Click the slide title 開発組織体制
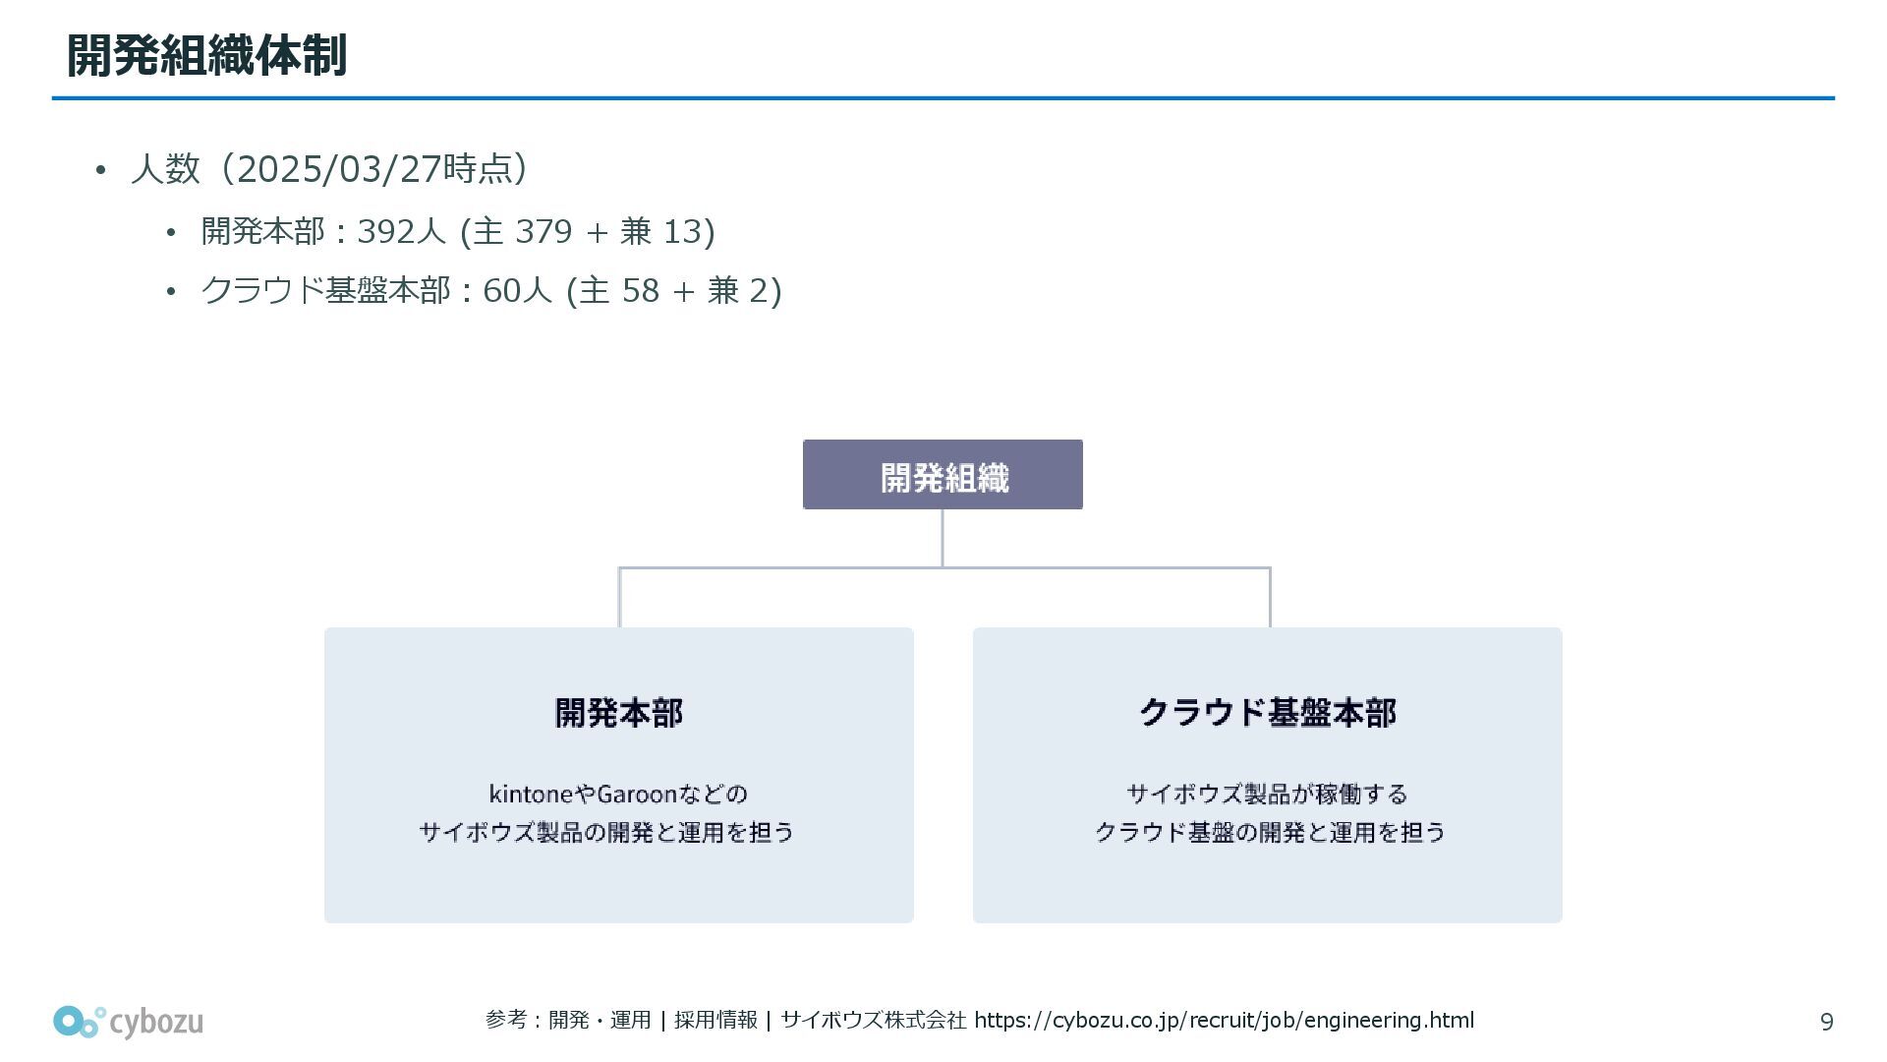click(206, 55)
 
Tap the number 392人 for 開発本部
click(401, 232)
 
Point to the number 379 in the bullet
click(543, 232)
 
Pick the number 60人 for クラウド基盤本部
click(518, 291)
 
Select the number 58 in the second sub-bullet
click(641, 291)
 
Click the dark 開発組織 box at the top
click(943, 475)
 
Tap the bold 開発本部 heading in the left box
click(619, 713)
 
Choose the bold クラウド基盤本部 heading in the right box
click(1267, 713)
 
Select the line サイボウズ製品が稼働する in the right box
click(1267, 794)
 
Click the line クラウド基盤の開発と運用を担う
click(1270, 833)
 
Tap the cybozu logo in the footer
click(128, 1022)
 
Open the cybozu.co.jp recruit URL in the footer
click(1224, 1021)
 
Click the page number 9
click(1826, 1023)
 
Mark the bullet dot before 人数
click(99, 171)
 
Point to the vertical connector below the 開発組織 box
click(943, 537)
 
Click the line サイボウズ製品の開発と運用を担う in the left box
click(606, 833)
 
